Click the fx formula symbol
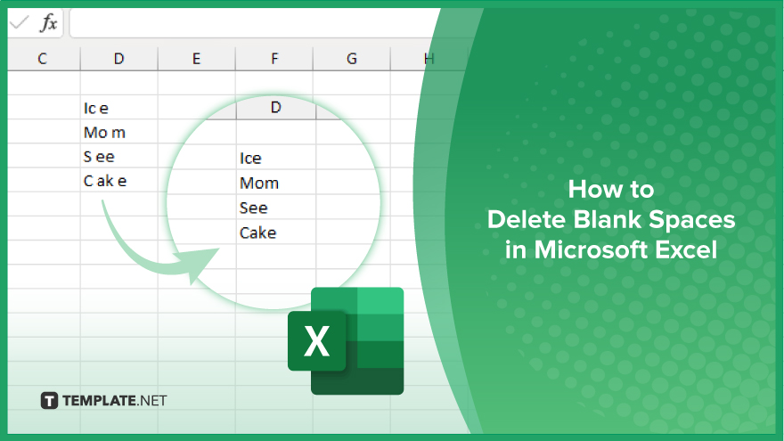click(48, 24)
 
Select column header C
click(42, 59)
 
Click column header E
click(196, 59)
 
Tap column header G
click(352, 59)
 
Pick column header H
click(429, 59)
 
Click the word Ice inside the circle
click(250, 159)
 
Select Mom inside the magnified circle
click(259, 184)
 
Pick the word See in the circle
click(254, 208)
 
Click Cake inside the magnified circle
click(258, 233)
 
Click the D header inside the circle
click(275, 108)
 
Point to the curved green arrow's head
click(203, 261)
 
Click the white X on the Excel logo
click(316, 341)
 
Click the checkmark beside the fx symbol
click(18, 24)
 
